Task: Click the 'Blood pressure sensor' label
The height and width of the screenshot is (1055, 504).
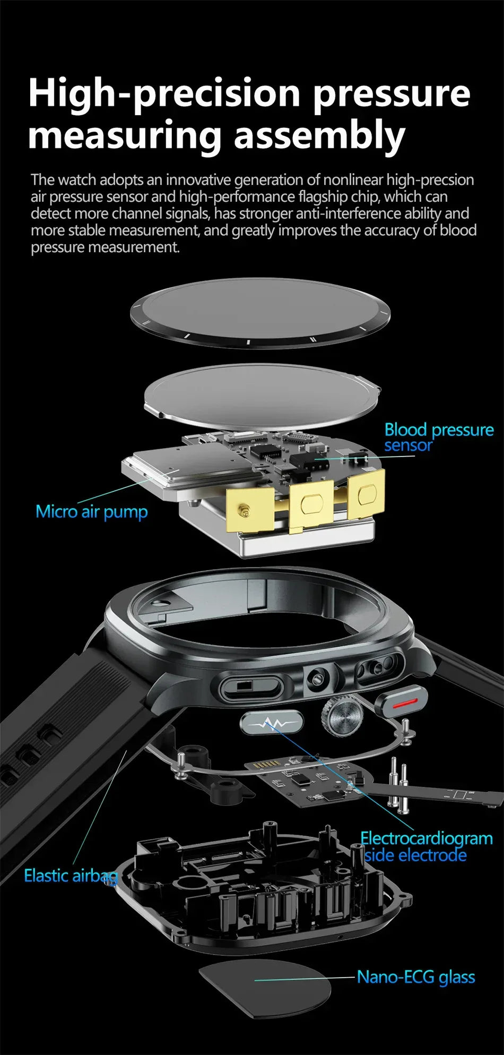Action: click(438, 437)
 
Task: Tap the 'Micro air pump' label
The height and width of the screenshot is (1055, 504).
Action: click(91, 512)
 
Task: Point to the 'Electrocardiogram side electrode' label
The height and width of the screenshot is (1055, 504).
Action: click(426, 846)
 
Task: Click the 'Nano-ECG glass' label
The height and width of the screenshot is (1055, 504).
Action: click(415, 976)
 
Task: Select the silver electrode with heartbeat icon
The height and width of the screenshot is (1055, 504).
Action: click(272, 723)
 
